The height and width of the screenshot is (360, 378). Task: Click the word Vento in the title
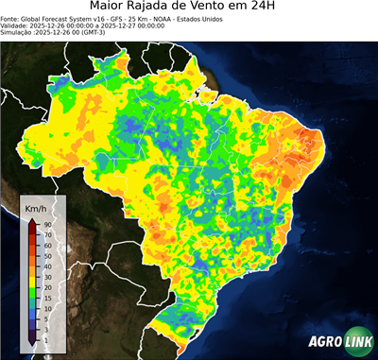[230, 8]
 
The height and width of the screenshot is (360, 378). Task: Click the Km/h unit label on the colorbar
[36, 207]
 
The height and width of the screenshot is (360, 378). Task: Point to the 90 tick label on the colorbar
[46, 224]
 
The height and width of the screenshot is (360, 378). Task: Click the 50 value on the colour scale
[46, 249]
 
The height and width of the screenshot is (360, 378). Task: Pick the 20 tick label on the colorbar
[46, 284]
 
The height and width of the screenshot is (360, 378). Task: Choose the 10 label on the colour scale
[46, 311]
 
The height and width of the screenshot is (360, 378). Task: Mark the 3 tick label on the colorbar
[44, 329]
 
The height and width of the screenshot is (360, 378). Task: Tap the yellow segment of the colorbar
[32, 267]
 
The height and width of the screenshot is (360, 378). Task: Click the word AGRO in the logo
[324, 343]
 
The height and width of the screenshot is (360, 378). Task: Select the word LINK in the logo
[356, 343]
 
